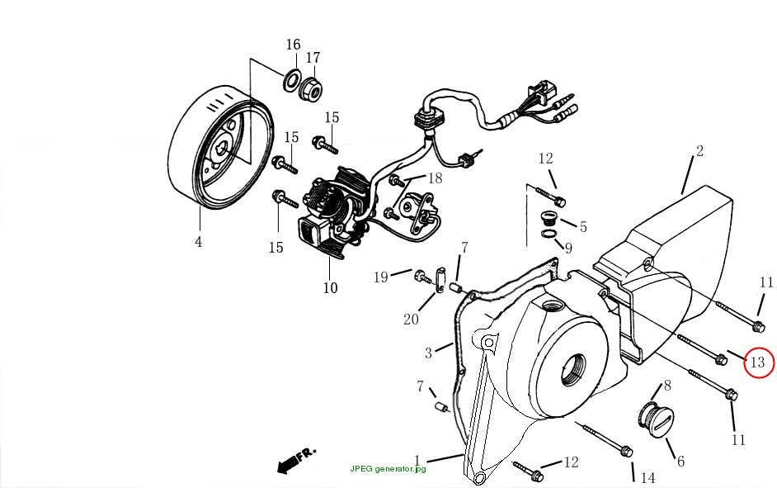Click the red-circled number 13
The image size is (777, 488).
point(758,362)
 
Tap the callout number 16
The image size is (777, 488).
point(293,45)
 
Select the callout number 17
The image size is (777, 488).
point(313,58)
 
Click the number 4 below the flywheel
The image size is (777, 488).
point(199,242)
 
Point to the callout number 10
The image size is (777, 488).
point(330,287)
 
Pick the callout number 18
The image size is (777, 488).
point(435,178)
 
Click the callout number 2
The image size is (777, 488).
point(699,151)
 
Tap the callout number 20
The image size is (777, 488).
point(411,320)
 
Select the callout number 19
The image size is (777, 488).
point(380,277)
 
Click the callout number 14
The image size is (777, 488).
point(647,477)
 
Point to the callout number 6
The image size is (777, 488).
point(680,462)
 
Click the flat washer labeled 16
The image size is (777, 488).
point(292,80)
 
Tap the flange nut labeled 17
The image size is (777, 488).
point(312,88)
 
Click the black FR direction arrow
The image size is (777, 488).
point(289,463)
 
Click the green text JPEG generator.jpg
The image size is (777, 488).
point(388,469)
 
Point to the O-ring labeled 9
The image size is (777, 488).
point(549,234)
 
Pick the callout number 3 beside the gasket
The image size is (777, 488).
point(429,353)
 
